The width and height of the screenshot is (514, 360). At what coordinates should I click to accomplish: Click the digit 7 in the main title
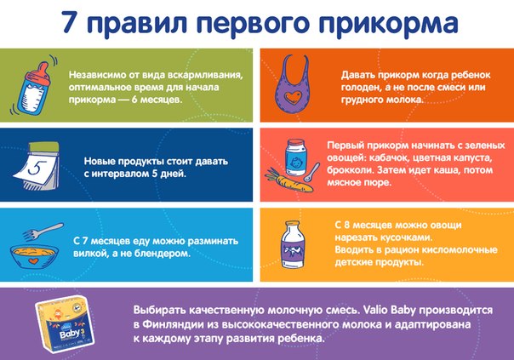coord(71,21)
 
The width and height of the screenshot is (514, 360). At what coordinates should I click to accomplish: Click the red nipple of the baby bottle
coord(43,71)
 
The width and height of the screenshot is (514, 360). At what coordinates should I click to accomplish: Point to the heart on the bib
coord(293,97)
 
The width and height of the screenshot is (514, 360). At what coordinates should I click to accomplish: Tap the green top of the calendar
coord(43,147)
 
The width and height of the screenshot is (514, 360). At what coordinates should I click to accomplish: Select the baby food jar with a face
coord(295,157)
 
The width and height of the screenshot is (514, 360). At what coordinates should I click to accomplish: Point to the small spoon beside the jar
coord(311,172)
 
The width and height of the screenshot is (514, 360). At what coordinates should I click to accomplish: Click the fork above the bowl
coord(43,231)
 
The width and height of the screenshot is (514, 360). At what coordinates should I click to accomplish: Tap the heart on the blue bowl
coord(32,261)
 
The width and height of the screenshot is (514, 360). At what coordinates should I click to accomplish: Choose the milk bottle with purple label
coord(293,244)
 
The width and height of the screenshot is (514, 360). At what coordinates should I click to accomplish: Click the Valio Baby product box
coord(65,323)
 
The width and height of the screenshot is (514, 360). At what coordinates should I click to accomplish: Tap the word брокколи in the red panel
coord(350,170)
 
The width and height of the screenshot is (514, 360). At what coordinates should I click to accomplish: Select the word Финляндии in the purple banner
coord(173,324)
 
